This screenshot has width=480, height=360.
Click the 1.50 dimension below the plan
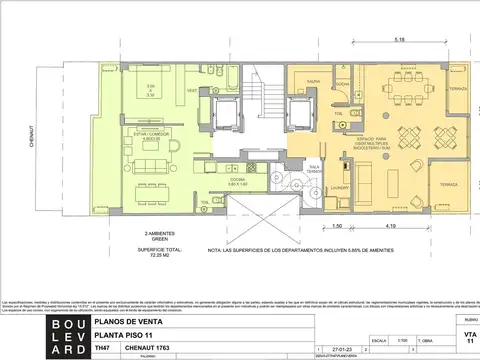coord(336,227)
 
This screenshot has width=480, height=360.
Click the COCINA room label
coord(238,180)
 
